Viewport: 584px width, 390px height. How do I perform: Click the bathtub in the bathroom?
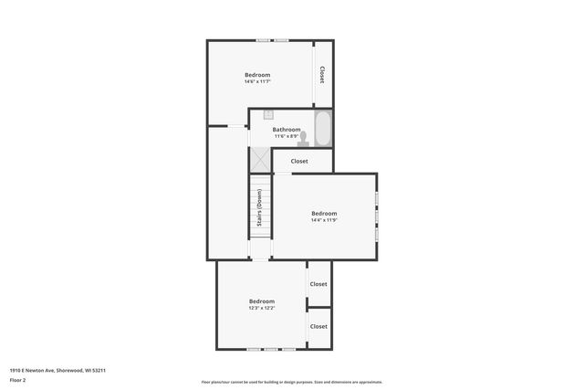(x=322, y=128)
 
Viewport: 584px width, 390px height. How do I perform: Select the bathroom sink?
(x=269, y=115)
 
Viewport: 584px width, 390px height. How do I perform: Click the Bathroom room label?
(x=287, y=130)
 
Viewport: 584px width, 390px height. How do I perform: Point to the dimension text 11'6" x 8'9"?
(x=287, y=137)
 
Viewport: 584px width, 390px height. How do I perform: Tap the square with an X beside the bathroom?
(x=260, y=160)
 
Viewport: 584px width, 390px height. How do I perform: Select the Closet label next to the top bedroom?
(x=322, y=75)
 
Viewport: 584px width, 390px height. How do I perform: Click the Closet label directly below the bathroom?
(x=299, y=161)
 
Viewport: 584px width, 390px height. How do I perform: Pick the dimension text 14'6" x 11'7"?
(x=257, y=82)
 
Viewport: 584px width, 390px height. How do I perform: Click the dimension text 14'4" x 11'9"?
(x=324, y=220)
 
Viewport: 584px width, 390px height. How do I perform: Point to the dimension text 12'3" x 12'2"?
(x=262, y=308)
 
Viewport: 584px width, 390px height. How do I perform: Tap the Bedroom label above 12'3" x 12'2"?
(x=262, y=300)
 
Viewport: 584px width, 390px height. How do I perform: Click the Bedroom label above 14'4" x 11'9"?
(x=324, y=213)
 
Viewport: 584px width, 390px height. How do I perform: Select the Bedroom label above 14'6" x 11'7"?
(x=257, y=74)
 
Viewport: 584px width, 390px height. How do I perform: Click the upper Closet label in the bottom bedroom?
(x=318, y=284)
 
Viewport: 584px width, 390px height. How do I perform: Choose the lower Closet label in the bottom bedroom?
(x=318, y=326)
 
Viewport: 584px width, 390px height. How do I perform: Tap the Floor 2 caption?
(x=17, y=379)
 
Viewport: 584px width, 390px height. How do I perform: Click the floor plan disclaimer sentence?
(x=292, y=382)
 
